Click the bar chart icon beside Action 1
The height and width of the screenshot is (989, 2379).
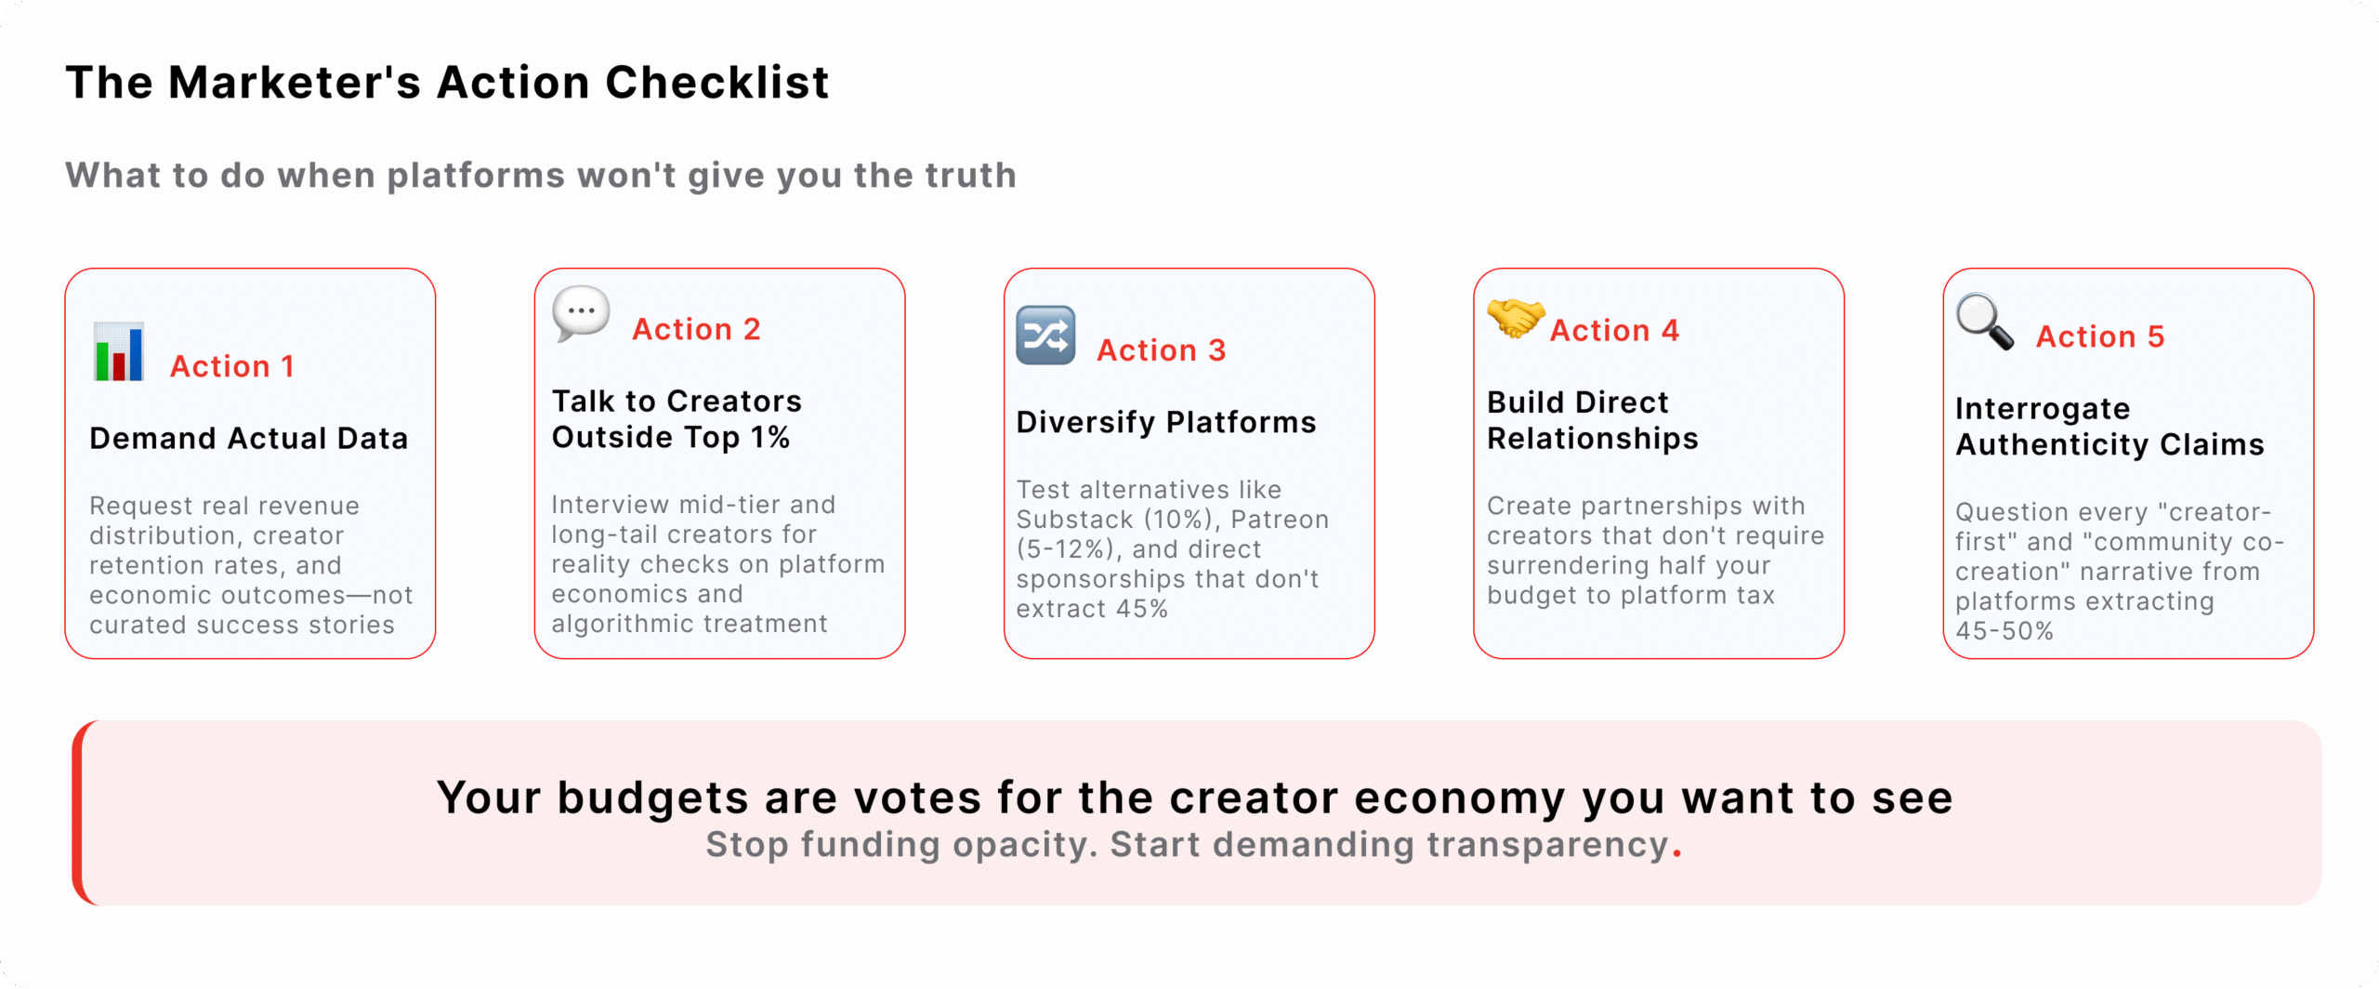[x=119, y=352]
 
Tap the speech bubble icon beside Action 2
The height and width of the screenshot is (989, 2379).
[x=581, y=313]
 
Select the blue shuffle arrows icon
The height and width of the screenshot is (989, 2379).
[x=1045, y=336]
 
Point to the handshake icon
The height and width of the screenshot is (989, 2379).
[x=1515, y=318]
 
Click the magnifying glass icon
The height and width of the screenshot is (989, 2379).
[x=1984, y=322]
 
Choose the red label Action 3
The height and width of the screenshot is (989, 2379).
[x=1161, y=350]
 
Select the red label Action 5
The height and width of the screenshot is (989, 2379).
[x=2100, y=336]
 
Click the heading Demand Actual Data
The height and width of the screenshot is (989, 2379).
[x=248, y=438]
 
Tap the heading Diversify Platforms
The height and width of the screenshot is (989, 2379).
[x=1165, y=422]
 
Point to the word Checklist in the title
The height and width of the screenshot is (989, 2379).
[x=716, y=82]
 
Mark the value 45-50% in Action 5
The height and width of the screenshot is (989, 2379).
[x=2004, y=631]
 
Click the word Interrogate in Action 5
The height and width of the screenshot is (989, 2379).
[x=2042, y=409]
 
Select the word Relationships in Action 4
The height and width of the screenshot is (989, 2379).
[x=1592, y=439]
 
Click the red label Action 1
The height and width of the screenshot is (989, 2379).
[x=231, y=366]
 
